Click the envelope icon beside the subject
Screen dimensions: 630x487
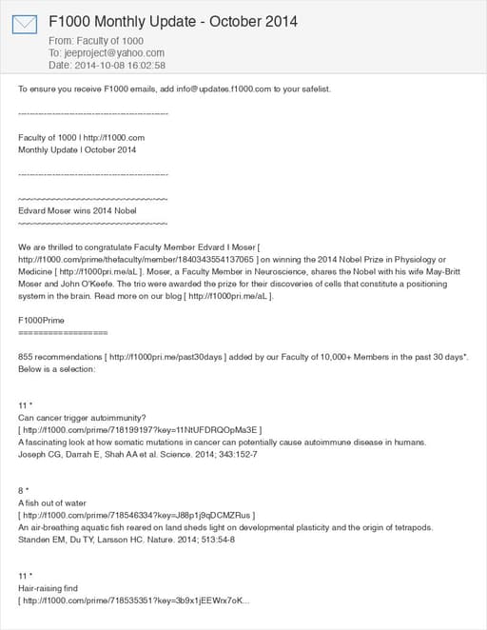point(26,25)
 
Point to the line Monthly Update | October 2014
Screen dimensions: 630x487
point(77,150)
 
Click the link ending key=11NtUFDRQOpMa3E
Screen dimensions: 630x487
point(140,431)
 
